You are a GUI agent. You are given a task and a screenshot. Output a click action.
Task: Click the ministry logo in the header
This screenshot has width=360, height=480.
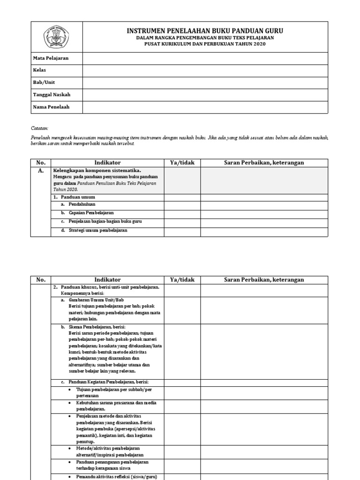coord(57,37)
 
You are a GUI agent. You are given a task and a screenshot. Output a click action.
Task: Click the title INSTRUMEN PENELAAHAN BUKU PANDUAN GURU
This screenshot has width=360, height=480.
coord(205,31)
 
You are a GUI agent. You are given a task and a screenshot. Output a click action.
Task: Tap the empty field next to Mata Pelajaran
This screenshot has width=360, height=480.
coord(205,58)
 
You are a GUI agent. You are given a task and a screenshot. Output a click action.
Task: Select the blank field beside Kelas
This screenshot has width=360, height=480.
coord(205,70)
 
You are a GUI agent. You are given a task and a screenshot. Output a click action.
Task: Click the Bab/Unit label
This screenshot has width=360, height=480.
coord(44,82)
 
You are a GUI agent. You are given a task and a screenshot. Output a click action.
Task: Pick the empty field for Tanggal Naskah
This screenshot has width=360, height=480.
coord(205,95)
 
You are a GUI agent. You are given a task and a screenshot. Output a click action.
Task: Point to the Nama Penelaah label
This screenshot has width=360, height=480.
coord(51,107)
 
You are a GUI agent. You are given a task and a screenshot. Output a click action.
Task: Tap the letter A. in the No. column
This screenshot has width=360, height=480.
coord(40,171)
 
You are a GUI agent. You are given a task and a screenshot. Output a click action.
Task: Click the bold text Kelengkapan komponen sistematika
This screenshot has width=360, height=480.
coord(97,171)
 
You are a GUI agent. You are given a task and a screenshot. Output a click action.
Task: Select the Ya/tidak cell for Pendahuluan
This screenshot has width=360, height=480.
coord(182,205)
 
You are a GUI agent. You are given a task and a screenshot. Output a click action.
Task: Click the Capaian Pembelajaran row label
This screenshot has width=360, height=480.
coord(91,213)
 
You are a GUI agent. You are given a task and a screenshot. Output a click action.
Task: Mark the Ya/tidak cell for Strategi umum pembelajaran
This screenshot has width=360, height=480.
coord(182,231)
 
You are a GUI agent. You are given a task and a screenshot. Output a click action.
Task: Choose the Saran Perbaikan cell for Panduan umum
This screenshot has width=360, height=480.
coord(264,197)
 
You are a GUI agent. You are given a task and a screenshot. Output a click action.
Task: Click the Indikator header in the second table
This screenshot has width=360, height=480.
coord(107,280)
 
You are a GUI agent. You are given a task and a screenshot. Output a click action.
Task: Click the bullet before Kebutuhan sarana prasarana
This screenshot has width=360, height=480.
coord(70,403)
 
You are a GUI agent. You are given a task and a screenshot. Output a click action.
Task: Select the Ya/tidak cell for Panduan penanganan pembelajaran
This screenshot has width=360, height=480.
coord(182,465)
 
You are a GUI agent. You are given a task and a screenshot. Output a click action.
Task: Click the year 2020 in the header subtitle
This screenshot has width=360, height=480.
coord(258,44)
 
